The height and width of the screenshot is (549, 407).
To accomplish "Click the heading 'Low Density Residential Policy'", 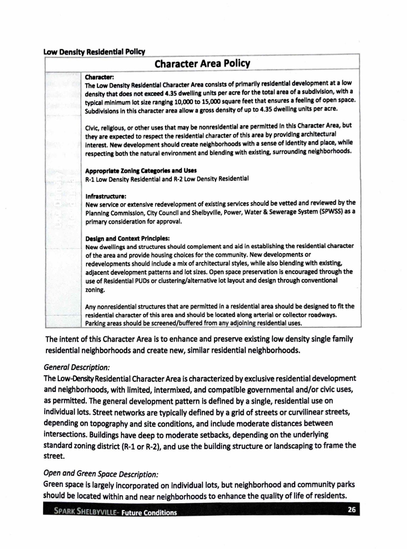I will coord(94,52).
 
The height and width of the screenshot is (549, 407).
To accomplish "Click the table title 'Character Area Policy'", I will coord(202,63).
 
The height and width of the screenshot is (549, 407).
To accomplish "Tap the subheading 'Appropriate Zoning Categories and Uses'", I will coord(141,171).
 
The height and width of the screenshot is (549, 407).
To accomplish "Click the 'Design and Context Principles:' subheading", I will coord(127,238).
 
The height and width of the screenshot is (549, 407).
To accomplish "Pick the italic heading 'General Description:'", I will coord(77,367).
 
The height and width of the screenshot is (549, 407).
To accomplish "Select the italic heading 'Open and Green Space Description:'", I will coord(101,474).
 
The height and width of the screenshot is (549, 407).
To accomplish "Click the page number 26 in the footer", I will coord(351,510).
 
